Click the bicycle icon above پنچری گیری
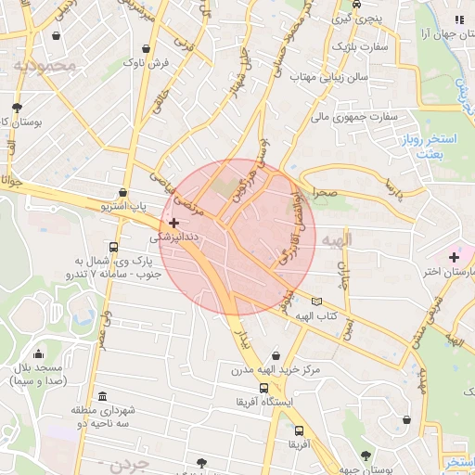click(x=356, y=4)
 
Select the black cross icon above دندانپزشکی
click(x=173, y=223)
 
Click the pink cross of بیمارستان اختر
click(x=454, y=256)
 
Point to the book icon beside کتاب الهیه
click(x=317, y=302)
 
